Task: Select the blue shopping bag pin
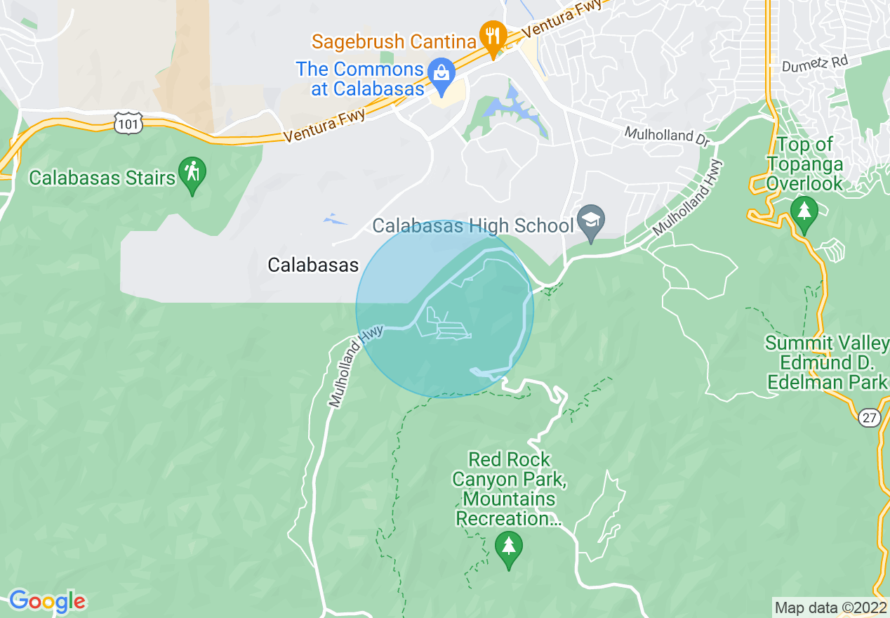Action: pos(441,74)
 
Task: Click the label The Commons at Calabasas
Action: pos(360,79)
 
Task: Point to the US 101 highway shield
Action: pos(128,124)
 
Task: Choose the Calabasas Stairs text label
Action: pos(102,178)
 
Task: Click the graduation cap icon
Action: pos(591,222)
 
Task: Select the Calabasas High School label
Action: pos(473,226)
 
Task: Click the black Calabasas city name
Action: pos(313,265)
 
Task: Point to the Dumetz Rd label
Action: pos(815,64)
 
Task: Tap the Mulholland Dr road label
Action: pos(667,134)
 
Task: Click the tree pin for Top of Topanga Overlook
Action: pos(804,213)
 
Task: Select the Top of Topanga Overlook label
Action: pos(804,164)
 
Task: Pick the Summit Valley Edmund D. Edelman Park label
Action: pos(827,362)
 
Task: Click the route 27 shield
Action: pos(869,418)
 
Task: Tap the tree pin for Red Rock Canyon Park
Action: pos(508,548)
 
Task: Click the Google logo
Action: pos(47,601)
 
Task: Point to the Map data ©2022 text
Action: pos(830,607)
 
